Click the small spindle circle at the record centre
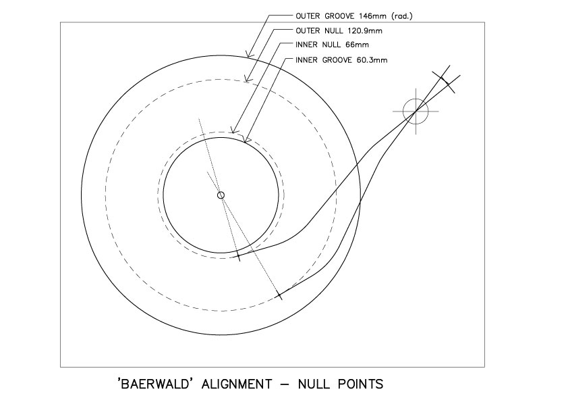coord(221,195)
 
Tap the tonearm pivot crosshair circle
coord(416,111)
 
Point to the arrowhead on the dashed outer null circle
coord(248,78)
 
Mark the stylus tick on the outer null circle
coord(279,295)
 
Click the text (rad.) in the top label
coord(402,16)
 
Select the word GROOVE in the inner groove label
coord(337,60)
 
